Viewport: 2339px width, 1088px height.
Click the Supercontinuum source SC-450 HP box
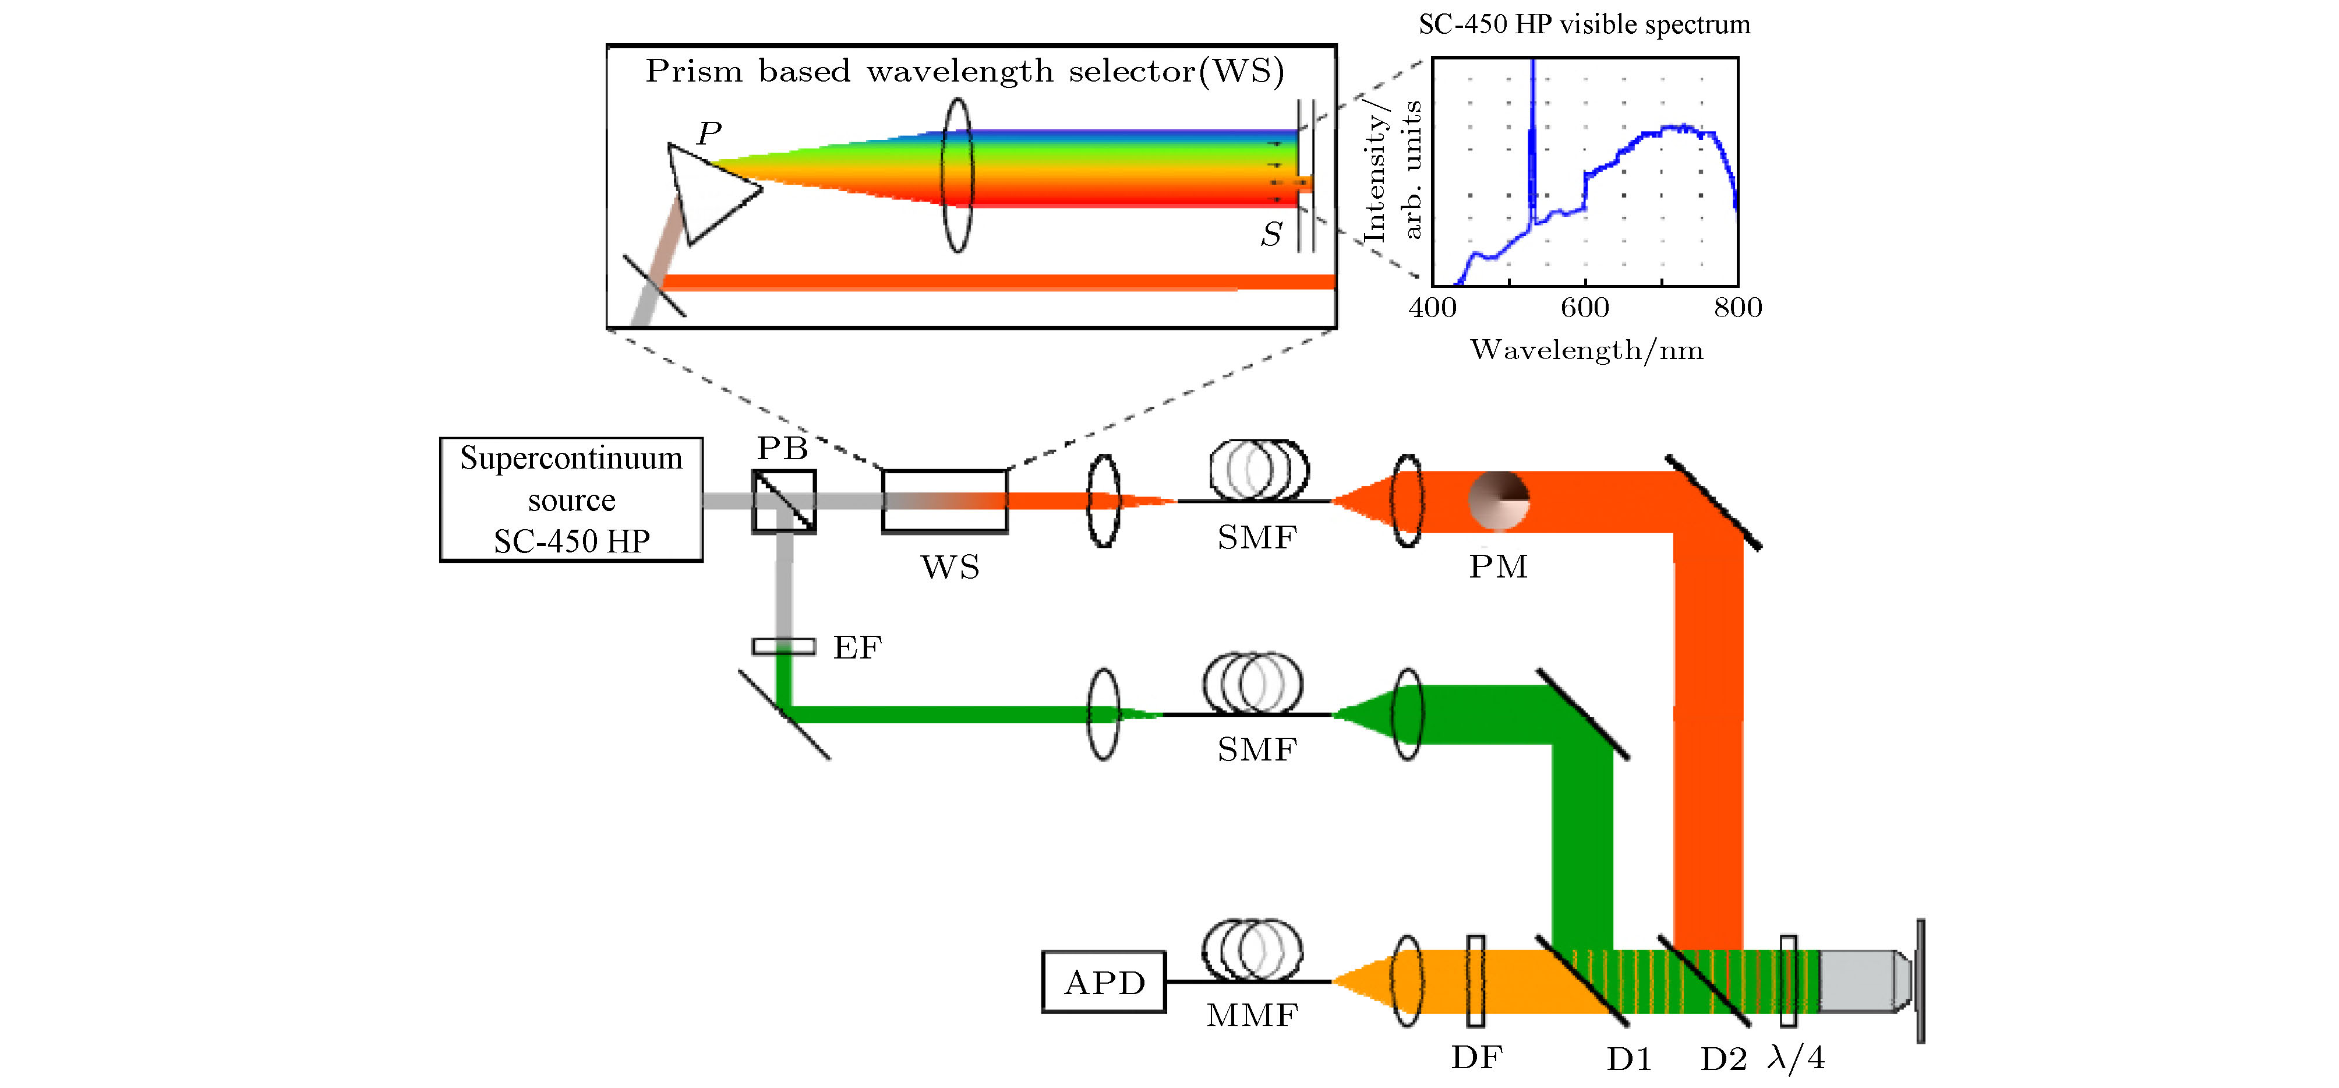point(571,499)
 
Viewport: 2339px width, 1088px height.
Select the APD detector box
point(1103,982)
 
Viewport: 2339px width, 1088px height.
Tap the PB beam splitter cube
point(783,501)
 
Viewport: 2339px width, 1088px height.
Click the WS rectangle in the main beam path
point(944,501)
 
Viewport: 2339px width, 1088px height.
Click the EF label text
point(857,647)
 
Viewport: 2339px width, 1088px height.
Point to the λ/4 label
point(1796,1058)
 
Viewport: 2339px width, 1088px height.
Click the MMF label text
point(1252,1015)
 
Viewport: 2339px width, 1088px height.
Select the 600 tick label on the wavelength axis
point(1584,308)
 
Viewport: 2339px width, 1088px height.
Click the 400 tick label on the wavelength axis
point(1433,308)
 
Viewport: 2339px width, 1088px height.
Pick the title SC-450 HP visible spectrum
point(1584,24)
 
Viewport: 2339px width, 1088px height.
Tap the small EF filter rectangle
point(783,647)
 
